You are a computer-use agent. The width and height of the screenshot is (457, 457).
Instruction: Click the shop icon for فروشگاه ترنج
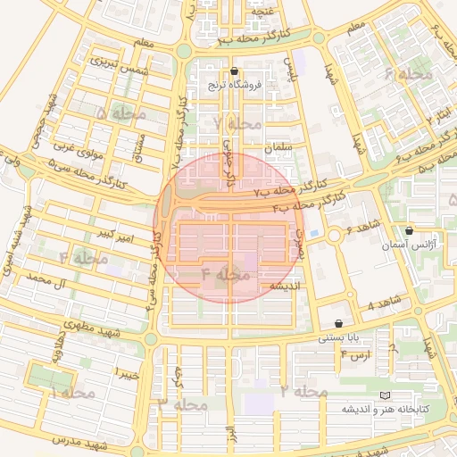(x=234, y=71)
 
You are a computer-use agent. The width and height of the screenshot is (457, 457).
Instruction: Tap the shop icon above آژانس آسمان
(x=410, y=230)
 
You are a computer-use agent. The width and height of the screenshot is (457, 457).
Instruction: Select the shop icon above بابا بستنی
(x=338, y=323)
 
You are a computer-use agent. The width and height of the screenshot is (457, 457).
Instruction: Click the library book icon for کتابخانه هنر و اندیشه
(x=385, y=395)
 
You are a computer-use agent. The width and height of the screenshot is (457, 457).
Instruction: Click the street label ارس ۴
(x=355, y=355)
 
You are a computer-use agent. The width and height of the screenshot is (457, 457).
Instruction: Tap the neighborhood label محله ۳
(x=182, y=404)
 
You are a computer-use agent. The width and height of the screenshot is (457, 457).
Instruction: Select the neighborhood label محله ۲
(x=303, y=391)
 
